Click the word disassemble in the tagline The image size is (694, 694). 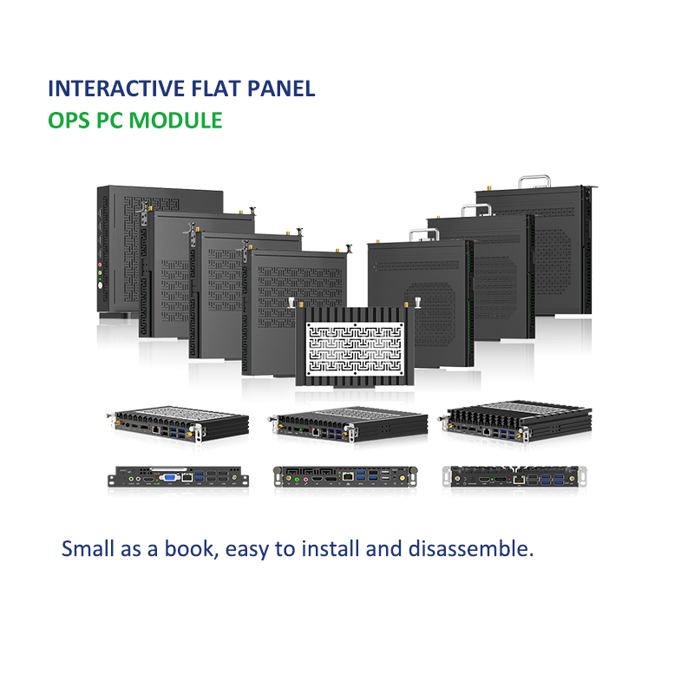pyautogui.click(x=469, y=549)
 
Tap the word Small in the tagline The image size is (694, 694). pyautogui.click(x=87, y=549)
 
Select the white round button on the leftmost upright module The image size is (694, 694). pyautogui.click(x=101, y=285)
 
